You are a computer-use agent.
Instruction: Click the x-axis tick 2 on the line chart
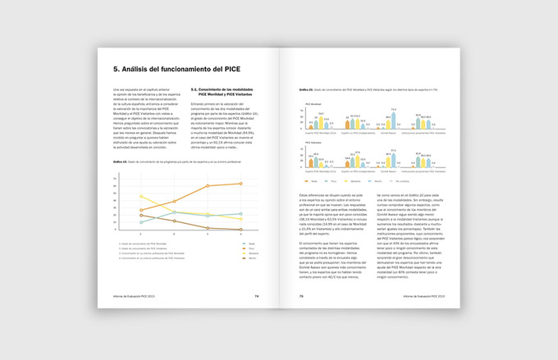pyautogui.click(x=174, y=235)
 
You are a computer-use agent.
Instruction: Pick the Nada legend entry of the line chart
pyautogui.click(x=230, y=244)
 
